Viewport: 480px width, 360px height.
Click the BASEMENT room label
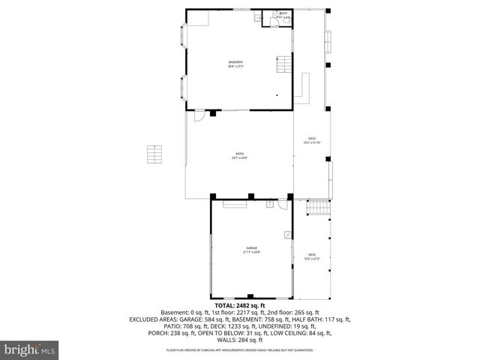click(x=235, y=64)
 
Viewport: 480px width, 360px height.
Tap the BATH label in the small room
click(x=283, y=14)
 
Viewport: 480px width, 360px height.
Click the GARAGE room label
click(x=251, y=250)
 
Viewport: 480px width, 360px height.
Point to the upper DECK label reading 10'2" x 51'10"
click(x=312, y=140)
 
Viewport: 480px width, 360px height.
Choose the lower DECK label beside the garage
click(x=311, y=256)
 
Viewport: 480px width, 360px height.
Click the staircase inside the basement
click(x=283, y=65)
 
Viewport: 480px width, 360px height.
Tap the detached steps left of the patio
click(x=154, y=154)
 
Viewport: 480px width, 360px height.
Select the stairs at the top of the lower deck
click(x=320, y=208)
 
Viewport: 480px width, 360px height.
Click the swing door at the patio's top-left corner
click(x=199, y=116)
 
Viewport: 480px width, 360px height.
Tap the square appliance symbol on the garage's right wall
click(x=286, y=234)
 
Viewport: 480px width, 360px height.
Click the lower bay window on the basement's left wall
click(x=182, y=87)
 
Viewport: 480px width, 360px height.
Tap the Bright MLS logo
click(x=30, y=349)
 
